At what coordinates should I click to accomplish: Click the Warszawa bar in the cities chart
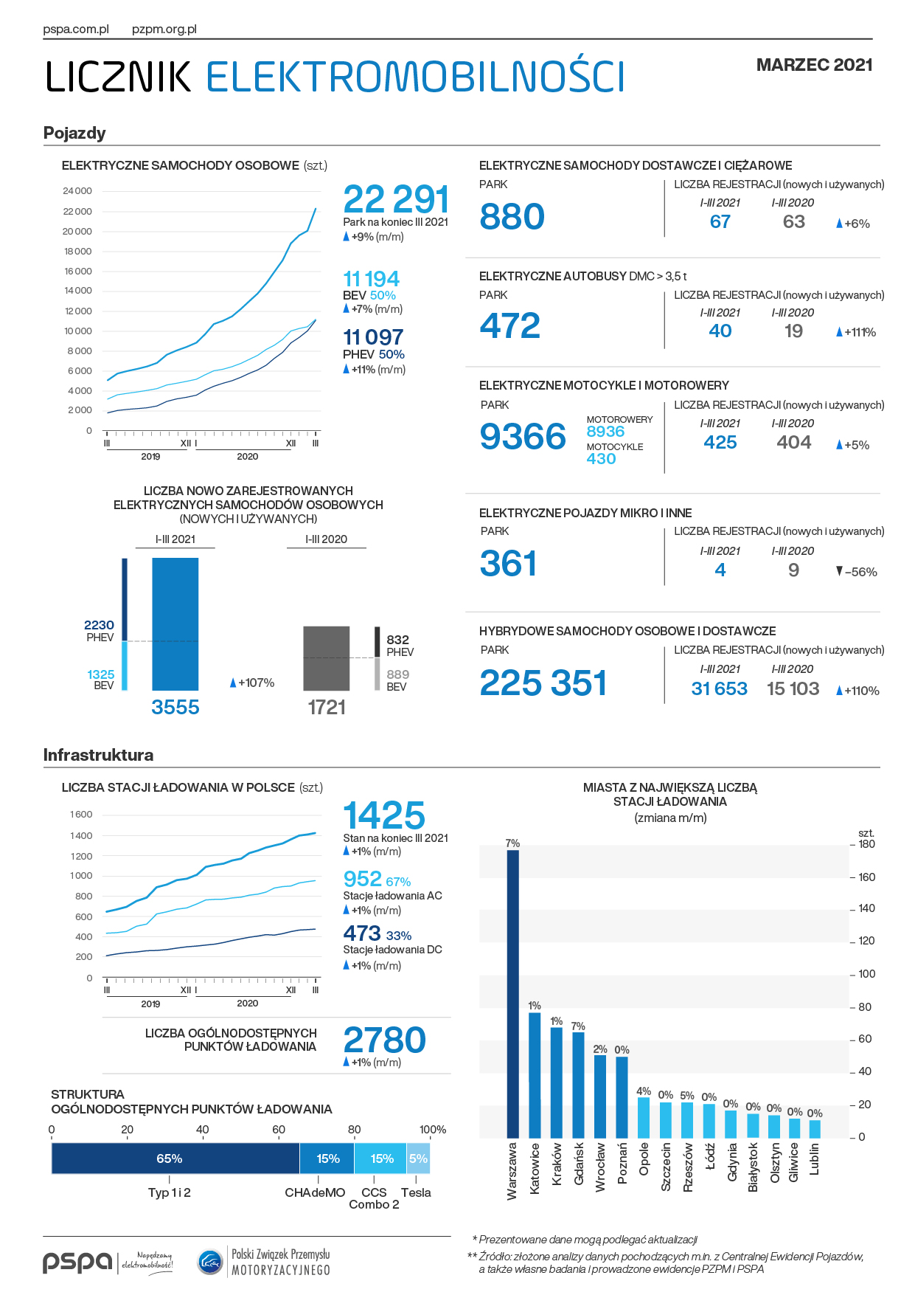pyautogui.click(x=512, y=993)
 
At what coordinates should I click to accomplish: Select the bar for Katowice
pyautogui.click(x=535, y=1074)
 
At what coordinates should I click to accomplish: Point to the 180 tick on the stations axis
pyautogui.click(x=866, y=844)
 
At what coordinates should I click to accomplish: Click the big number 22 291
pyautogui.click(x=396, y=200)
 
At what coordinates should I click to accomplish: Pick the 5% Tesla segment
pyautogui.click(x=418, y=1158)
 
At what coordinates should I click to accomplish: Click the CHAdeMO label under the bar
pyautogui.click(x=315, y=1192)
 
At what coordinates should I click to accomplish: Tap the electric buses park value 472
pyautogui.click(x=510, y=326)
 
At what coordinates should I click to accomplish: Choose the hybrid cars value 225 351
pyautogui.click(x=543, y=683)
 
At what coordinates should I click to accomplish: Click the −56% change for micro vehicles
pyautogui.click(x=857, y=572)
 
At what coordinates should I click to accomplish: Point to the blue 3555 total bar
pyautogui.click(x=175, y=624)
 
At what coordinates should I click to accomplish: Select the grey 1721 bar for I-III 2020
pyautogui.click(x=326, y=658)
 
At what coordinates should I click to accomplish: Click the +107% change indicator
pyautogui.click(x=253, y=683)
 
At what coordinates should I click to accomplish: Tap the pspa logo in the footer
pyautogui.click(x=77, y=1262)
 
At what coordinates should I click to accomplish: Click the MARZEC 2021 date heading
pyautogui.click(x=814, y=65)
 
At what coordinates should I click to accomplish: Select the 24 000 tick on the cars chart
pyautogui.click(x=77, y=191)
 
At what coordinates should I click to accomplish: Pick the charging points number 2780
pyautogui.click(x=384, y=1040)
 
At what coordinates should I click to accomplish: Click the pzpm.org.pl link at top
pyautogui.click(x=164, y=30)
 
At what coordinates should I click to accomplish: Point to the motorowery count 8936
pyautogui.click(x=605, y=432)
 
